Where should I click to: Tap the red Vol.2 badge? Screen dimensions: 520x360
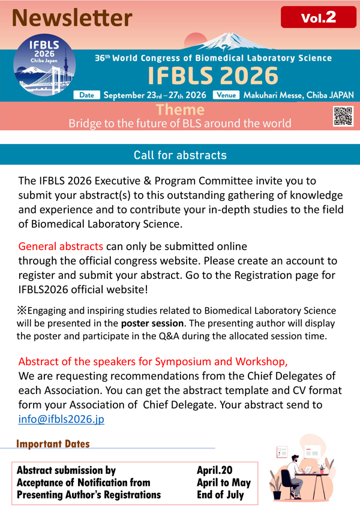pyautogui.click(x=318, y=18)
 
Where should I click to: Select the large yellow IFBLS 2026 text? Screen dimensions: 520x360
pyautogui.click(x=213, y=76)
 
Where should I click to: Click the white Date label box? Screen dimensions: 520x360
pyautogui.click(x=86, y=95)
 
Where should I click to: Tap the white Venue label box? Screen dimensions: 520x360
pyautogui.click(x=227, y=95)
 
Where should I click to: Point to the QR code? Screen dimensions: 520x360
pyautogui.click(x=343, y=116)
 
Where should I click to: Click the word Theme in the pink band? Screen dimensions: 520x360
pyautogui.click(x=179, y=110)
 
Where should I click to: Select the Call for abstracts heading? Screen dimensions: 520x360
pyautogui.click(x=180, y=155)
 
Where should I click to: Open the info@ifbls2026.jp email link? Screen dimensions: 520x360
pyautogui.click(x=61, y=419)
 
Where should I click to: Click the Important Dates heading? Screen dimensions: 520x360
pyautogui.click(x=53, y=444)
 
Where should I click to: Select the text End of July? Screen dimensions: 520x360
pyautogui.click(x=221, y=495)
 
